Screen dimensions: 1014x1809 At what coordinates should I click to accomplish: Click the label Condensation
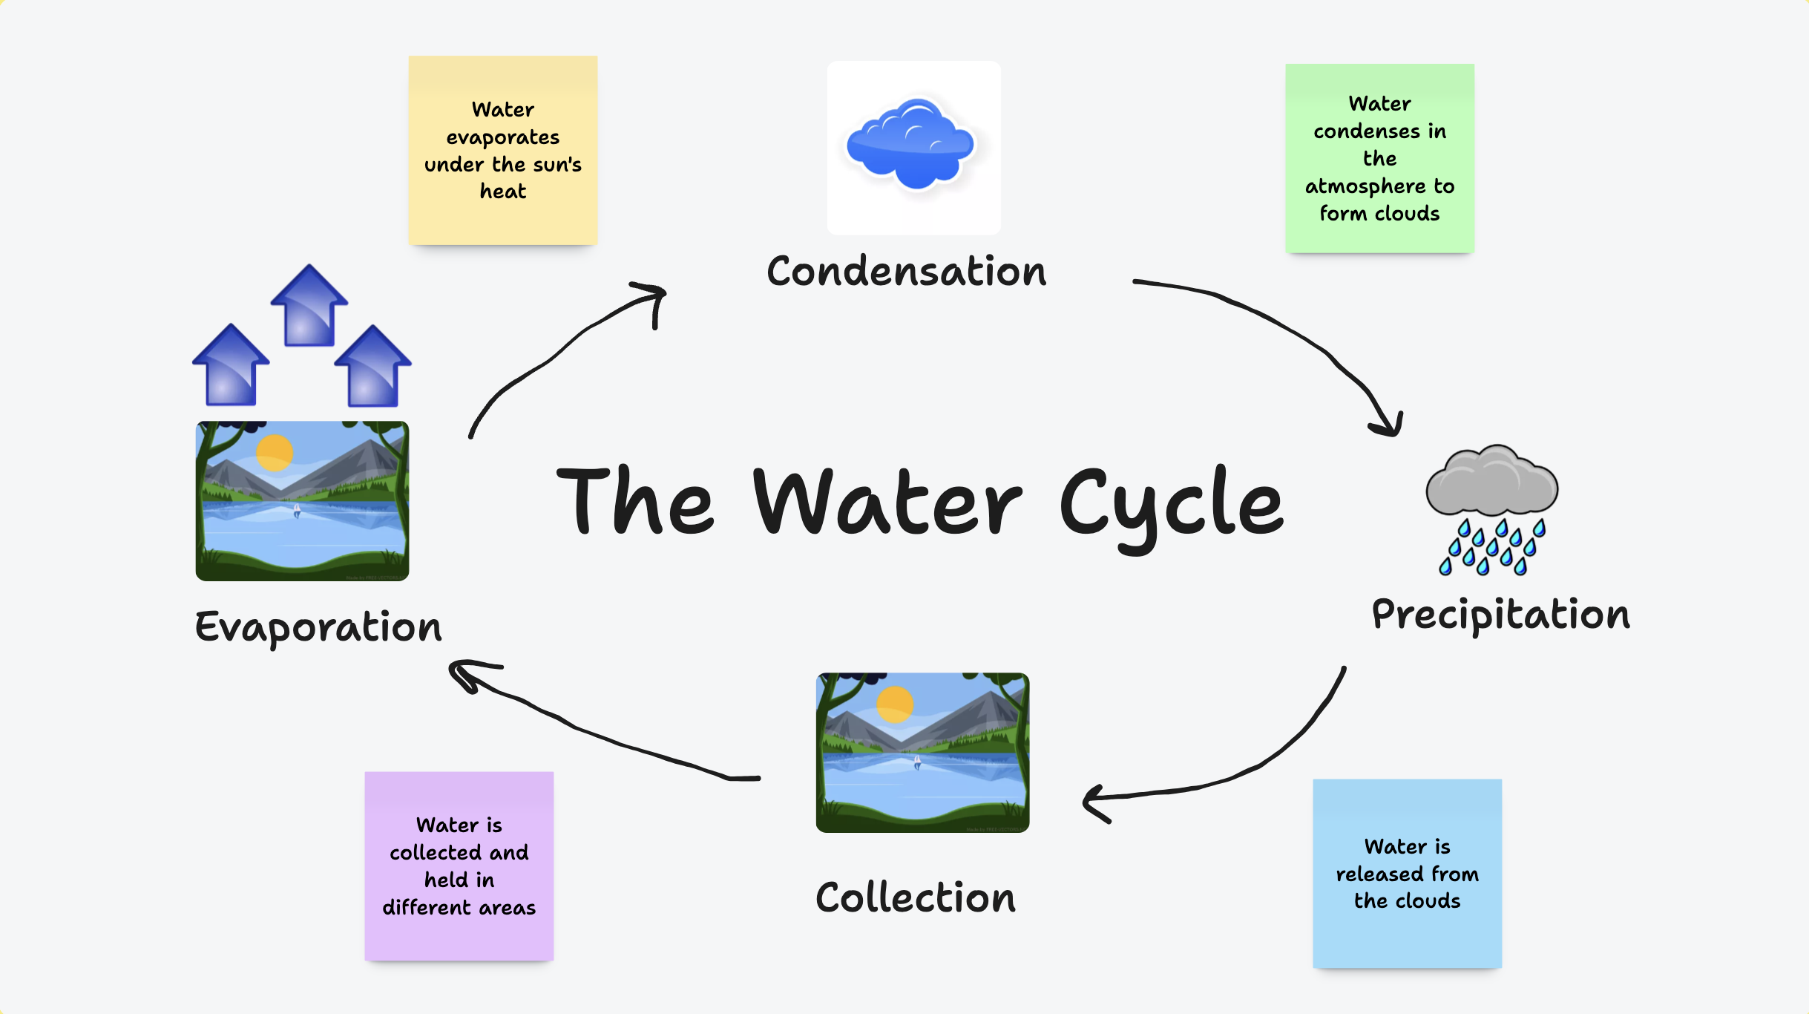906,271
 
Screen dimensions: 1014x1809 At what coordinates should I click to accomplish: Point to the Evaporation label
318,627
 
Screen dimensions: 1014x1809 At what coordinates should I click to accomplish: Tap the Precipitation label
1500,615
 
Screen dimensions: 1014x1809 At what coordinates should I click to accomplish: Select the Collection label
915,897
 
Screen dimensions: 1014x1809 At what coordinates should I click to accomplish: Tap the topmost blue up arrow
309,306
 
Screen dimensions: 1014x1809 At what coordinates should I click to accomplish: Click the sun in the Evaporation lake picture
275,453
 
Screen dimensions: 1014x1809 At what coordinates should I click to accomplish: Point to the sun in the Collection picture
895,704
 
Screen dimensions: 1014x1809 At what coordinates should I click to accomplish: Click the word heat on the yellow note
502,192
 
